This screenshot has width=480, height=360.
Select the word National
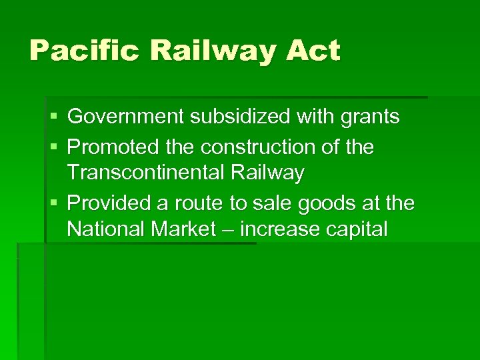tap(105, 229)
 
